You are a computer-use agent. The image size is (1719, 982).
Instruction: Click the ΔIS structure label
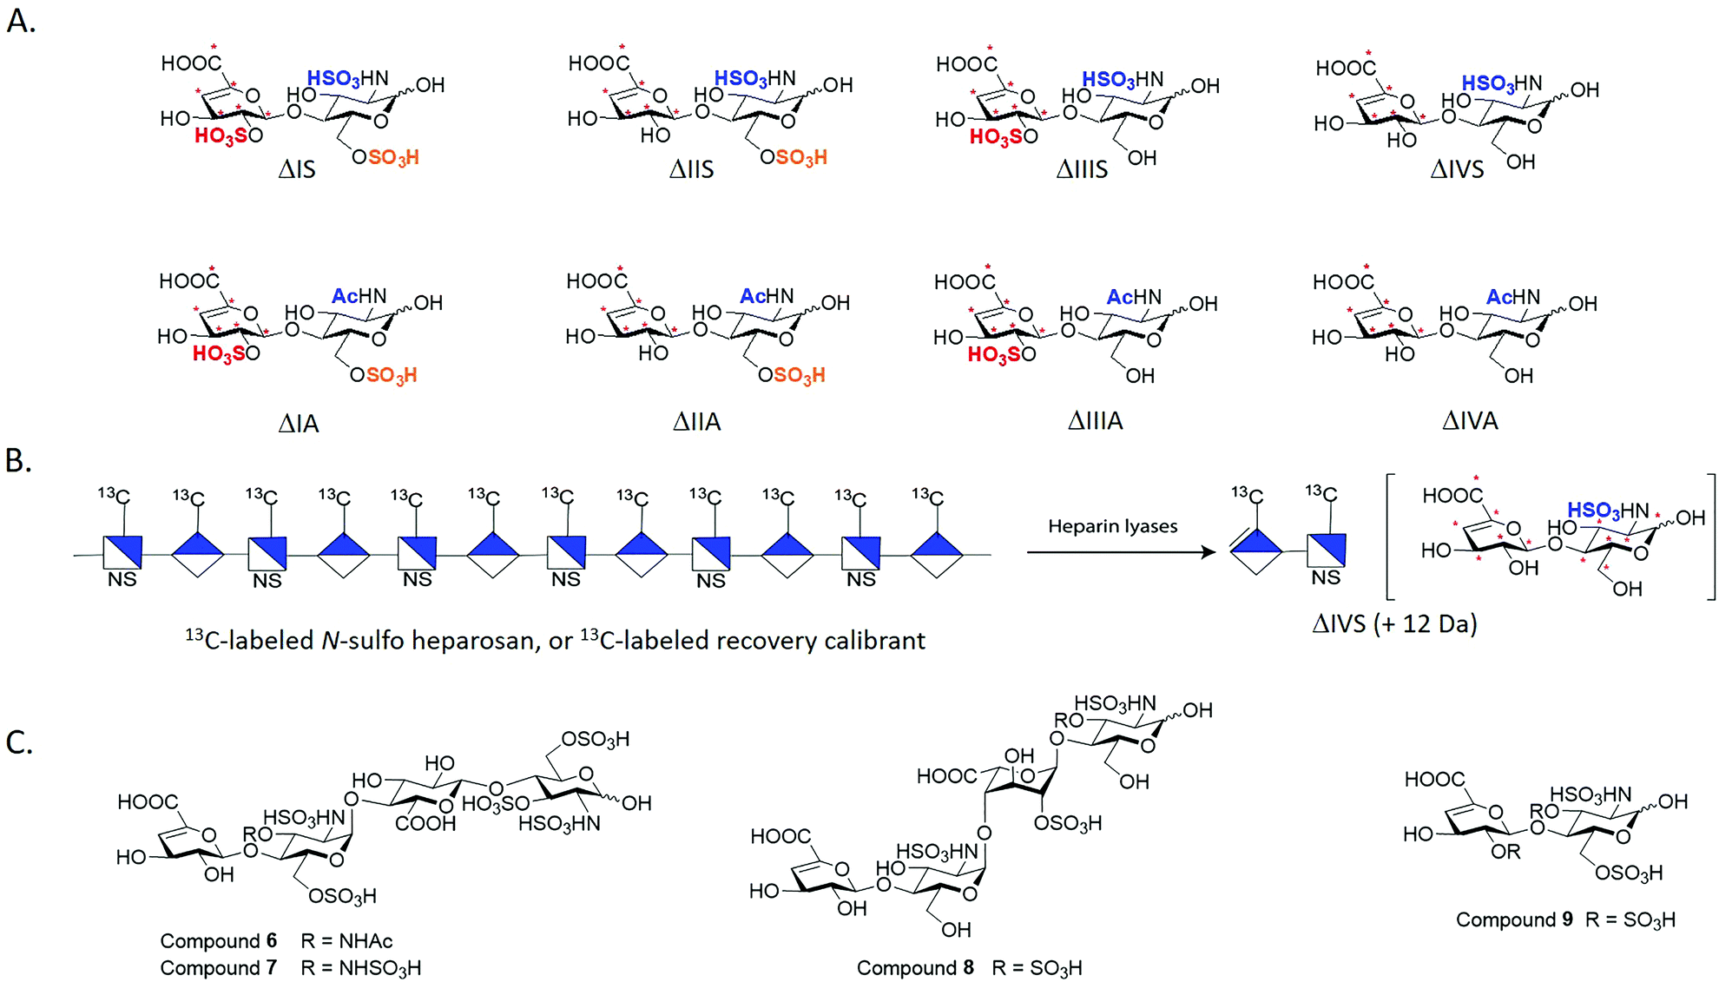pyautogui.click(x=297, y=169)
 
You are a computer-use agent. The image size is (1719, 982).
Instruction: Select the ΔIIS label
pyautogui.click(x=691, y=169)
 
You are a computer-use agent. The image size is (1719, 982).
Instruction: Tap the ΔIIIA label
pyautogui.click(x=1095, y=421)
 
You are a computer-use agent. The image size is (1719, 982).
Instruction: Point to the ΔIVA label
pyautogui.click(x=1470, y=421)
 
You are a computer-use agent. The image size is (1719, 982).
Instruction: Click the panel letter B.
pyautogui.click(x=18, y=461)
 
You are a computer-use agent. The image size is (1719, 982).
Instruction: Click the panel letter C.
pyautogui.click(x=19, y=743)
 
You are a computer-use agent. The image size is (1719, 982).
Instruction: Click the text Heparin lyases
pyautogui.click(x=1112, y=526)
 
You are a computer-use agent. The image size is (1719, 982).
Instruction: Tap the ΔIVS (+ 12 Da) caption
pyautogui.click(x=1394, y=623)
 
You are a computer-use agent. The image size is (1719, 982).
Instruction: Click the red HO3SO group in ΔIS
pyautogui.click(x=227, y=136)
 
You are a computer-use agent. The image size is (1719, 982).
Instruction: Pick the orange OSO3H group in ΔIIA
pyautogui.click(x=792, y=375)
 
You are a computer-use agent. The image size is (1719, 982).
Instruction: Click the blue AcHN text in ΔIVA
pyautogui.click(x=1512, y=297)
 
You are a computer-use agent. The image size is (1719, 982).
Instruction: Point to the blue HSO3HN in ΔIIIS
pyautogui.click(x=1122, y=80)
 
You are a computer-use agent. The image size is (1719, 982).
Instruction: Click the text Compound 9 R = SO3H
pyautogui.click(x=1565, y=919)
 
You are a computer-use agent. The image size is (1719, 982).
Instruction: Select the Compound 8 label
pyautogui.click(x=915, y=967)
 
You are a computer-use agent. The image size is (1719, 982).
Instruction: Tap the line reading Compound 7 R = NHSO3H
pyautogui.click(x=290, y=967)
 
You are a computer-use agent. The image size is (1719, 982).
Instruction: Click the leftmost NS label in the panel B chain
pyautogui.click(x=122, y=579)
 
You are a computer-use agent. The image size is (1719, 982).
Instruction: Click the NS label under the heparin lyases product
pyautogui.click(x=1326, y=577)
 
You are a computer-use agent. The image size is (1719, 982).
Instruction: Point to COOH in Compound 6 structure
pyautogui.click(x=425, y=823)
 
